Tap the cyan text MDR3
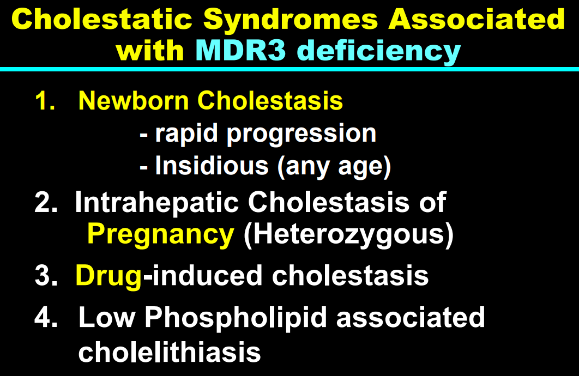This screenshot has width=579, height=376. tap(241, 50)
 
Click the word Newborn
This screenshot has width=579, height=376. tap(134, 100)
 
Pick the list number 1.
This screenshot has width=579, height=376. tap(45, 100)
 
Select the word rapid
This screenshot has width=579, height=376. tap(186, 134)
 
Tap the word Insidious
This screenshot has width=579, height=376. tap(212, 166)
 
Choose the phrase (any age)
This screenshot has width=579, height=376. tap(334, 167)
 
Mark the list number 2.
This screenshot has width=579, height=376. tap(46, 202)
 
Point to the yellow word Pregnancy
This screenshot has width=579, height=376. tap(161, 235)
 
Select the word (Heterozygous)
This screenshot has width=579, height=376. tap(348, 235)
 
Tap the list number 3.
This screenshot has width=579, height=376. tap(46, 275)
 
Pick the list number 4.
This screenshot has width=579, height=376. tap(46, 317)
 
